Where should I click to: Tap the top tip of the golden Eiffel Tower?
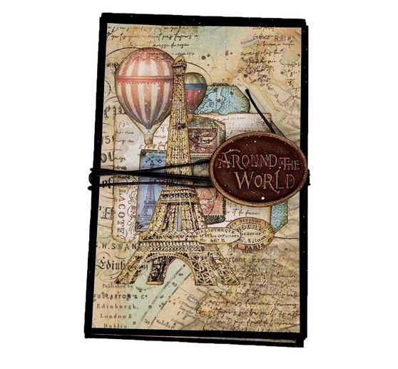coord(178,57)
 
